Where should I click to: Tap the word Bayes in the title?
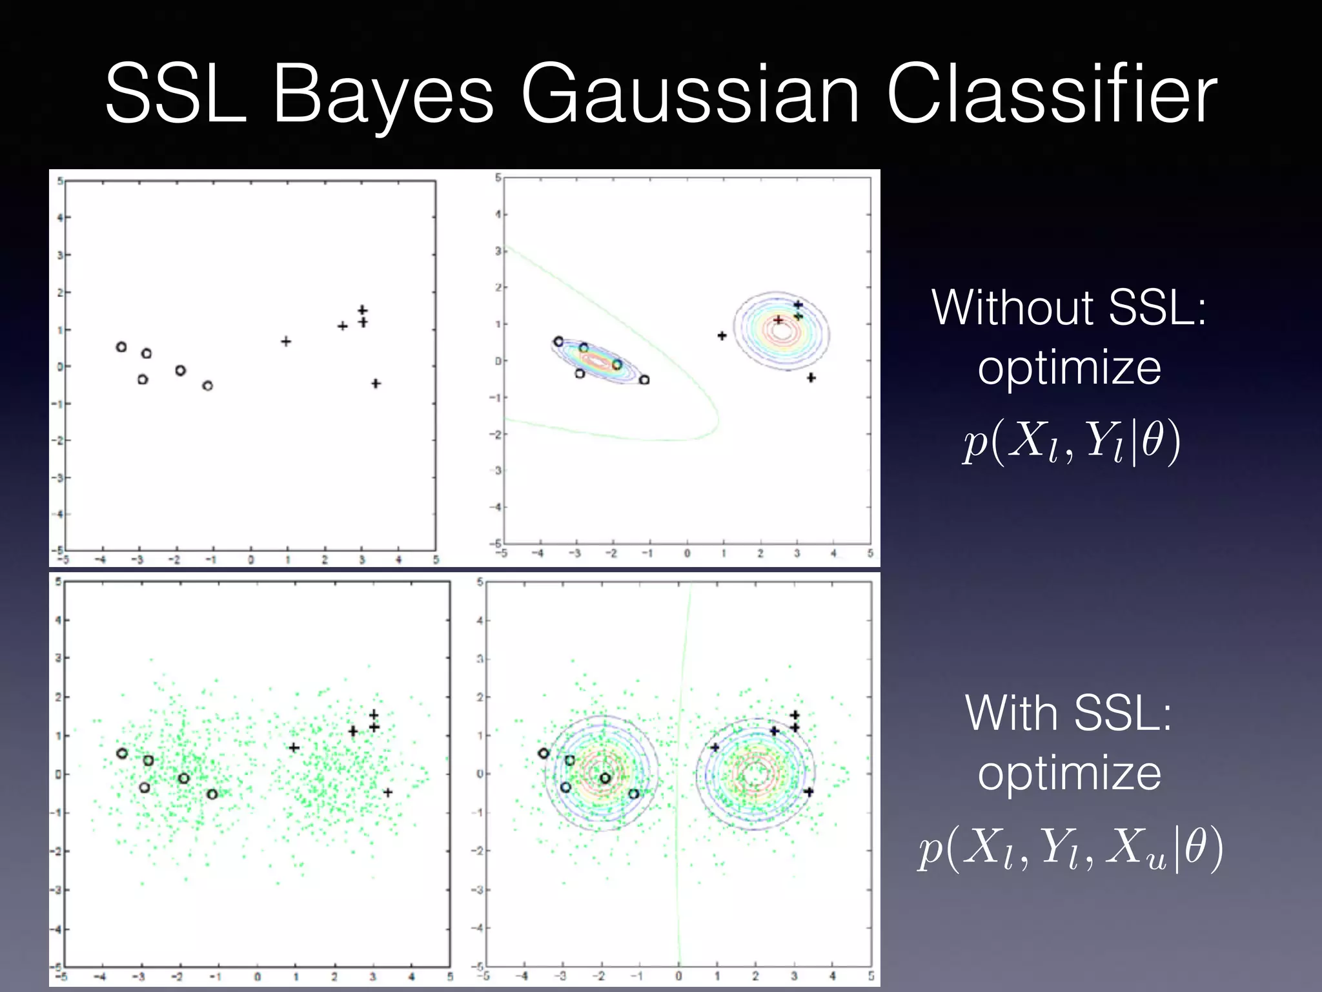click(383, 96)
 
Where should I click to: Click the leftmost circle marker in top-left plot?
click(121, 347)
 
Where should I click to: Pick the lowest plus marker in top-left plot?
click(376, 384)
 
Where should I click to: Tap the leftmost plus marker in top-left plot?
click(286, 341)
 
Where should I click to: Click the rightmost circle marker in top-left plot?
click(207, 386)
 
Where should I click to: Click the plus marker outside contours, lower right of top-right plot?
click(811, 377)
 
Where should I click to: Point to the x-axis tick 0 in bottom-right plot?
click(678, 976)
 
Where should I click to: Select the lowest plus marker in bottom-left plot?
click(387, 792)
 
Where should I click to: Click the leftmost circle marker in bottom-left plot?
click(122, 753)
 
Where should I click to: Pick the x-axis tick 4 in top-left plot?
click(398, 560)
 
